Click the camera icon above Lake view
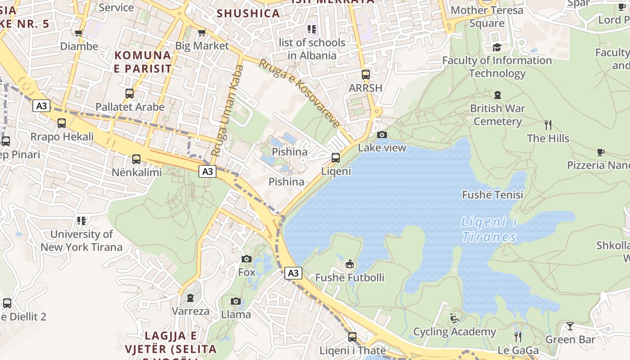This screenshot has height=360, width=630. point(382,135)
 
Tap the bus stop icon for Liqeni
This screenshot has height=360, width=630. point(335,158)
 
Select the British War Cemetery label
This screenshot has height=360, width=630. point(497,115)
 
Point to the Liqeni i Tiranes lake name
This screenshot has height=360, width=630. point(489,229)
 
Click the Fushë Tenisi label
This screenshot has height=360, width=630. point(493,195)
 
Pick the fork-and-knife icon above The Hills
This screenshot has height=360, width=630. point(548,125)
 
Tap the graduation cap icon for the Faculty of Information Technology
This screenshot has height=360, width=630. point(497,47)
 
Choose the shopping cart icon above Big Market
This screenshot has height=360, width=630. point(202,32)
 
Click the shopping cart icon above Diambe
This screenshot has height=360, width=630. point(79,33)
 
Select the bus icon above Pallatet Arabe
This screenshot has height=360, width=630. point(130,94)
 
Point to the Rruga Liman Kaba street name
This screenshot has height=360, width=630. point(227,111)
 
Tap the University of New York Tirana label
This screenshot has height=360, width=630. point(81,240)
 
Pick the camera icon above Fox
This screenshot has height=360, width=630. point(246,259)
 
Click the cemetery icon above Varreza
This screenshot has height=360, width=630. point(190,297)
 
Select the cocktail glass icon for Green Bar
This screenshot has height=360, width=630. point(570,326)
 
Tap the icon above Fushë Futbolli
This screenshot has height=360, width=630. point(350,264)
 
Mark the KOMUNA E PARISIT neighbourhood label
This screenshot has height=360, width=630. point(143,62)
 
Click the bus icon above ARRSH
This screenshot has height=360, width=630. point(366,75)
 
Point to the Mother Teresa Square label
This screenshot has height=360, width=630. point(487,17)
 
